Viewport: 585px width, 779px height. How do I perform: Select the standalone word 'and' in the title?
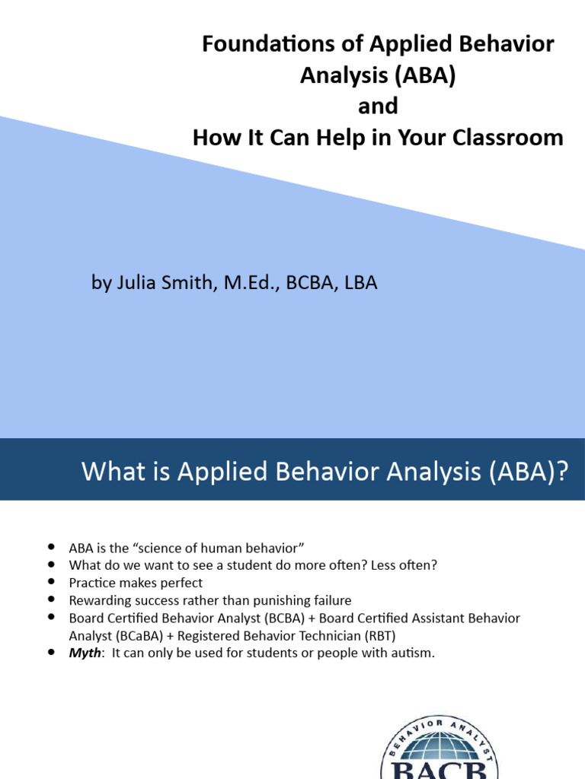click(378, 107)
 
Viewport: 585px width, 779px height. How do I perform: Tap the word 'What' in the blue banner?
click(110, 472)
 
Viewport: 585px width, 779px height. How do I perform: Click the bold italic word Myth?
click(85, 653)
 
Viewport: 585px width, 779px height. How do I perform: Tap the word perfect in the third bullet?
click(179, 583)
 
